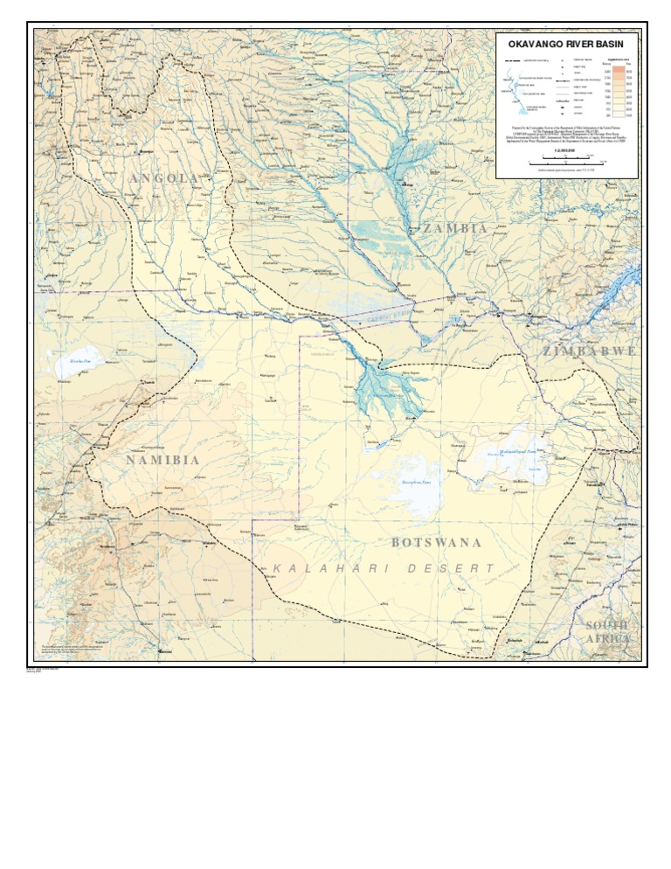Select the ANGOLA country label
pos(163,178)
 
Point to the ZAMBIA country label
pos(455,228)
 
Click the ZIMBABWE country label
pos(589,351)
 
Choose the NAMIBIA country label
pos(163,460)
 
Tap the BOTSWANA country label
pos(436,543)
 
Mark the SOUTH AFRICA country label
pos(607,632)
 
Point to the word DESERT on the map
pos(450,569)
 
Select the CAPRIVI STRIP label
pos(388,316)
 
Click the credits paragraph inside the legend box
pos(567,137)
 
